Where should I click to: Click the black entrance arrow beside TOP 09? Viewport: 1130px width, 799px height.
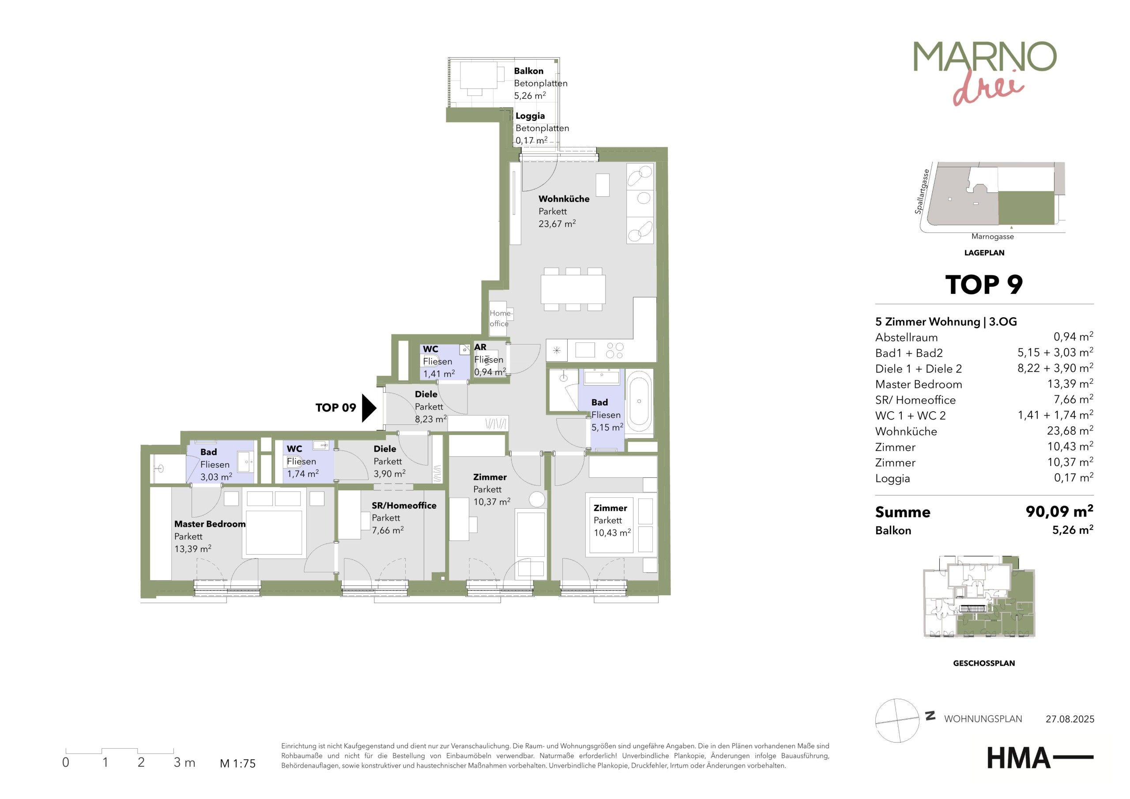(369, 408)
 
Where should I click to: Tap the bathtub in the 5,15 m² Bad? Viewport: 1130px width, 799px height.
(639, 401)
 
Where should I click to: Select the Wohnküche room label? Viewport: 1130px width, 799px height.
(564, 199)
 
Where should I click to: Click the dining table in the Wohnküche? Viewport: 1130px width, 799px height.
(573, 289)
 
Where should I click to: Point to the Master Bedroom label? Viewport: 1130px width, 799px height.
(210, 524)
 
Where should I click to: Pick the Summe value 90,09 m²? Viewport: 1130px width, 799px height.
(1059, 511)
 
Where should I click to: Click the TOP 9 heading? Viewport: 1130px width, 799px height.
(984, 285)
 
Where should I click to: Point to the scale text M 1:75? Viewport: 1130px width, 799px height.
(238, 764)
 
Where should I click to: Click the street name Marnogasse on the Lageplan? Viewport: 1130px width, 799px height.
(992, 236)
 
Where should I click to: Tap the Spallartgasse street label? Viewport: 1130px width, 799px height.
(922, 192)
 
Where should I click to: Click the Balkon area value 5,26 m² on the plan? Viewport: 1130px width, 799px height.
(530, 95)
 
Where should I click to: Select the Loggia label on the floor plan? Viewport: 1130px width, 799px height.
(530, 116)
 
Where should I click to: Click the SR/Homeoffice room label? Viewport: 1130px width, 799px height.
(404, 505)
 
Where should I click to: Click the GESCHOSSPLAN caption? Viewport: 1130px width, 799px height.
(984, 663)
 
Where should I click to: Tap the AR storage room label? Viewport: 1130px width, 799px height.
(480, 347)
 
